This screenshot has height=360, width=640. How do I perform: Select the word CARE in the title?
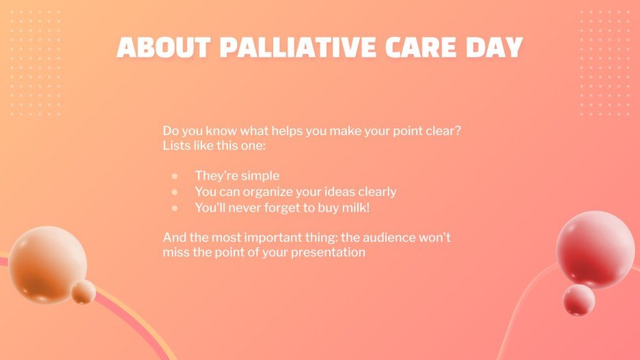[425, 47]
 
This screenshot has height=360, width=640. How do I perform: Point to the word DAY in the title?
[497, 47]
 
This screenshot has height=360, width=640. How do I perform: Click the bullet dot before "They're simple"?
[175, 176]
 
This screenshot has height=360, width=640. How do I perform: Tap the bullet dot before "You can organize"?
[175, 192]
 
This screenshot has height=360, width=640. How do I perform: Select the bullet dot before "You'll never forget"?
[175, 208]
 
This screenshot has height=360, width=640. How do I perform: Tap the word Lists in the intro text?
[176, 146]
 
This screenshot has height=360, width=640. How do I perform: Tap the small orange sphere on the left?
[84, 292]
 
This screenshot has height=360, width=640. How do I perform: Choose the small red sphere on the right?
[579, 299]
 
